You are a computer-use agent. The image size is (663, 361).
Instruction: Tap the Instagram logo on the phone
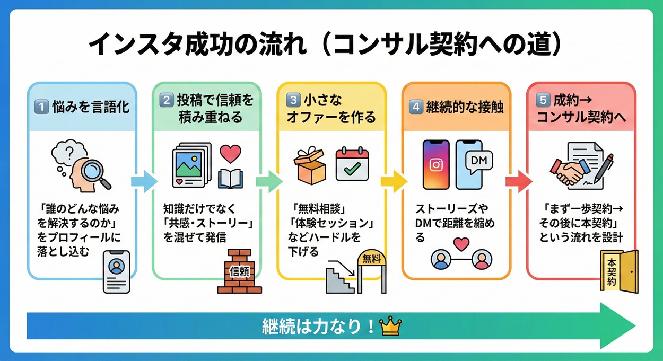click(x=435, y=165)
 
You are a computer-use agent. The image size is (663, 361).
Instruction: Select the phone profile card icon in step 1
click(x=117, y=270)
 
